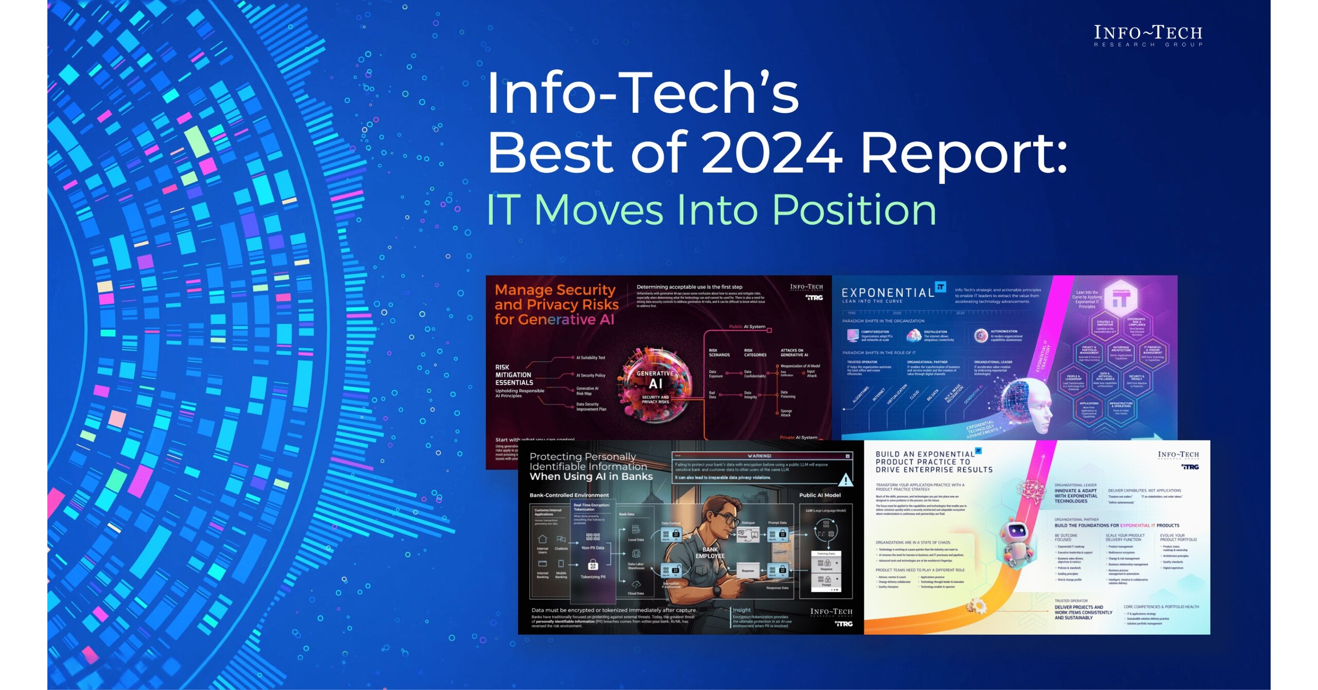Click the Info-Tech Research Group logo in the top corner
(x=1148, y=35)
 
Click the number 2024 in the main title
(x=771, y=152)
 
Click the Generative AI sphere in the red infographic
(x=655, y=384)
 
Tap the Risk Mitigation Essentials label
(x=514, y=375)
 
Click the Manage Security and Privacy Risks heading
(x=556, y=304)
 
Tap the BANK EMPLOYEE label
(x=710, y=553)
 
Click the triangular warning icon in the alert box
(x=845, y=480)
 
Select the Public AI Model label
(x=820, y=495)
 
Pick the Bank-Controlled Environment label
(x=569, y=495)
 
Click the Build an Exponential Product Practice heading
(x=933, y=462)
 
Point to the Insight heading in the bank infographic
(x=742, y=610)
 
